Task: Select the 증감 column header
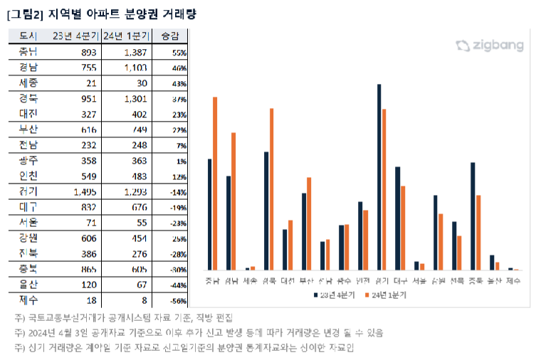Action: [x=171, y=36]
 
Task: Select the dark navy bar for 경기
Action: [x=379, y=177]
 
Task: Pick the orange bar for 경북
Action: [x=271, y=189]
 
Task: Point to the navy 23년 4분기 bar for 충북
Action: [x=473, y=216]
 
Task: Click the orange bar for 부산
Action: [x=309, y=223]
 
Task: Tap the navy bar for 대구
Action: [x=398, y=218]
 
